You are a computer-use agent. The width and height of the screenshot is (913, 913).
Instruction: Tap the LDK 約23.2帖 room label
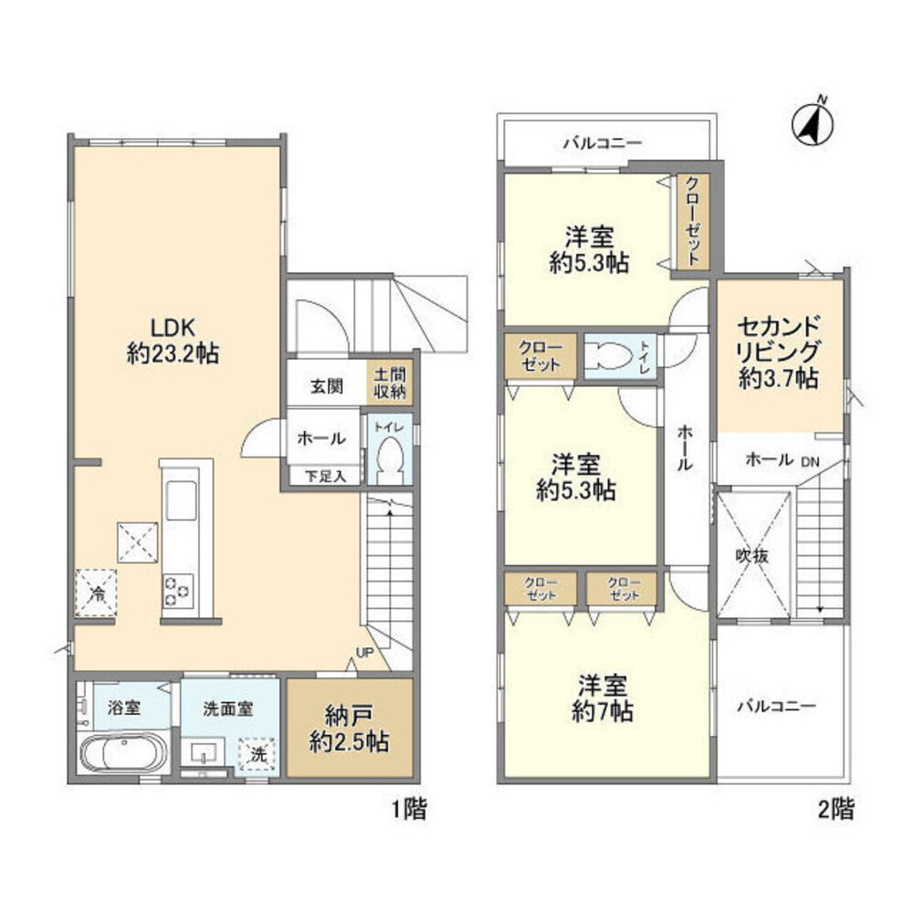pyautogui.click(x=173, y=341)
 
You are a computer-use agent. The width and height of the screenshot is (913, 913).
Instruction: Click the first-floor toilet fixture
pyautogui.click(x=389, y=454)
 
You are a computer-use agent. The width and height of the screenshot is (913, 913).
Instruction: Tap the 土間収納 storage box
pyautogui.click(x=390, y=383)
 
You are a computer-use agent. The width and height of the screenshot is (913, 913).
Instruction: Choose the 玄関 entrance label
pyautogui.click(x=326, y=386)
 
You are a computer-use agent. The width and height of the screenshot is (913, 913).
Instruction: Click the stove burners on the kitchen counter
pyautogui.click(x=178, y=591)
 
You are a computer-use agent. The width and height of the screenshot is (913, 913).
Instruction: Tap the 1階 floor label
pyautogui.click(x=407, y=809)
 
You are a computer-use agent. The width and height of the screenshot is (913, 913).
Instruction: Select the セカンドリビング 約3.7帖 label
pyautogui.click(x=777, y=352)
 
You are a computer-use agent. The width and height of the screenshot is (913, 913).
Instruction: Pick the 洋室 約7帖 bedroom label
pyautogui.click(x=605, y=698)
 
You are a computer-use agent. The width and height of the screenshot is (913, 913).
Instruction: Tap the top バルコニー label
pyautogui.click(x=602, y=142)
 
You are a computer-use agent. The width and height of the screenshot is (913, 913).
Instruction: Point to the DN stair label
pyautogui.click(x=811, y=461)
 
